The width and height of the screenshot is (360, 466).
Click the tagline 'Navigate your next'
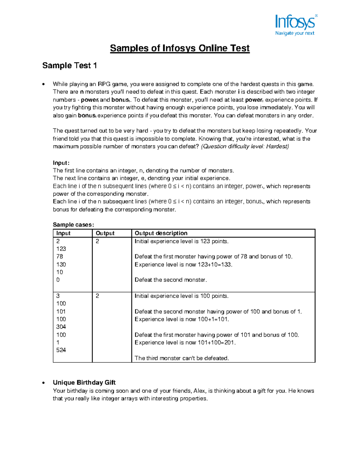click(295, 33)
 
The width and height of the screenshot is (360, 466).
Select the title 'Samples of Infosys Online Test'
click(180, 48)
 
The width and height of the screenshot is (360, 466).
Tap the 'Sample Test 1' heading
click(69, 66)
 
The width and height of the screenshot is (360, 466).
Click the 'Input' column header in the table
click(63, 233)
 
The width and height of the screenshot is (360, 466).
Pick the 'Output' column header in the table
click(105, 233)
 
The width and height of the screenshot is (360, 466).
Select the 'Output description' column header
click(161, 233)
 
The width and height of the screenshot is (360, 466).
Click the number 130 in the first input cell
click(61, 264)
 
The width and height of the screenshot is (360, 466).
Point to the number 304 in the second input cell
click(61, 327)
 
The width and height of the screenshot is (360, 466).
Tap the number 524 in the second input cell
click(61, 350)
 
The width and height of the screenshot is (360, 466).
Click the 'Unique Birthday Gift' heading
click(84, 383)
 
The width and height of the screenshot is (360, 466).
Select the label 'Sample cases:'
click(73, 225)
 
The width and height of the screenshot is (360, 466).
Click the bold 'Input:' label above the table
click(61, 163)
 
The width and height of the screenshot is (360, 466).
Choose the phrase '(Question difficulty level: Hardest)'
click(244, 147)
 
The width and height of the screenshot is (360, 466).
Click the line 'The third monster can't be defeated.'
click(182, 358)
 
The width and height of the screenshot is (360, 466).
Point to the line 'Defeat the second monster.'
click(171, 280)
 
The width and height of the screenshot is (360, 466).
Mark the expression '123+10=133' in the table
click(214, 265)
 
